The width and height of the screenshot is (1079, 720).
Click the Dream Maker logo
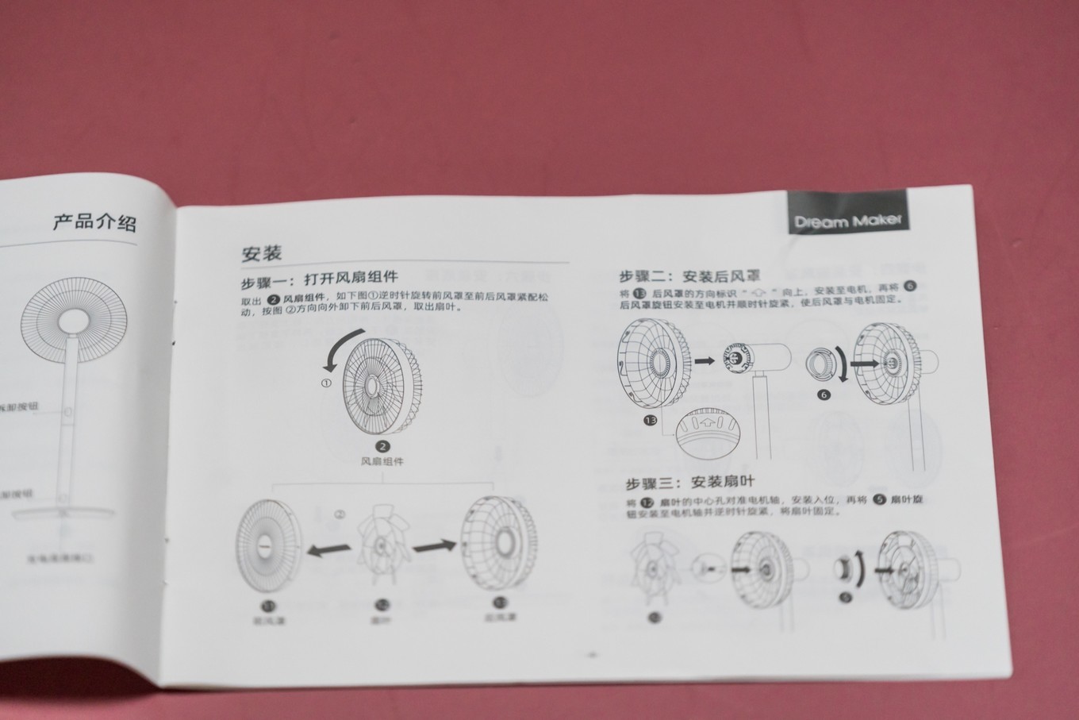coord(847,220)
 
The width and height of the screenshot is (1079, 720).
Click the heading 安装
coord(262,253)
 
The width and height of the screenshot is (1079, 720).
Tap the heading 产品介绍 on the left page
coord(94,221)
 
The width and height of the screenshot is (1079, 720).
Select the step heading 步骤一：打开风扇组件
coord(319,279)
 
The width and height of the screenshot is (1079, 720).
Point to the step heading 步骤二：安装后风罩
coord(689,276)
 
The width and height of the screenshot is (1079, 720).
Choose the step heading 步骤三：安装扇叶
coord(689,482)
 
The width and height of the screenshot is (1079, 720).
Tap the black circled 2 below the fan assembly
coord(382,447)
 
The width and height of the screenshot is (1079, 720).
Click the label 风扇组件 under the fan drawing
coord(382,461)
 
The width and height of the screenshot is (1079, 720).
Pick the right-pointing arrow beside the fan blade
coord(434,545)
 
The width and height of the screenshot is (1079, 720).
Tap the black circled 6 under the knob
coord(824,395)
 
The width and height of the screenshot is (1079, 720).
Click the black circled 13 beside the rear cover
coord(651,420)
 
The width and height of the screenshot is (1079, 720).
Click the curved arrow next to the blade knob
coord(861,569)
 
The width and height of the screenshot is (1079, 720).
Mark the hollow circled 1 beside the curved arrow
coord(326,383)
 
